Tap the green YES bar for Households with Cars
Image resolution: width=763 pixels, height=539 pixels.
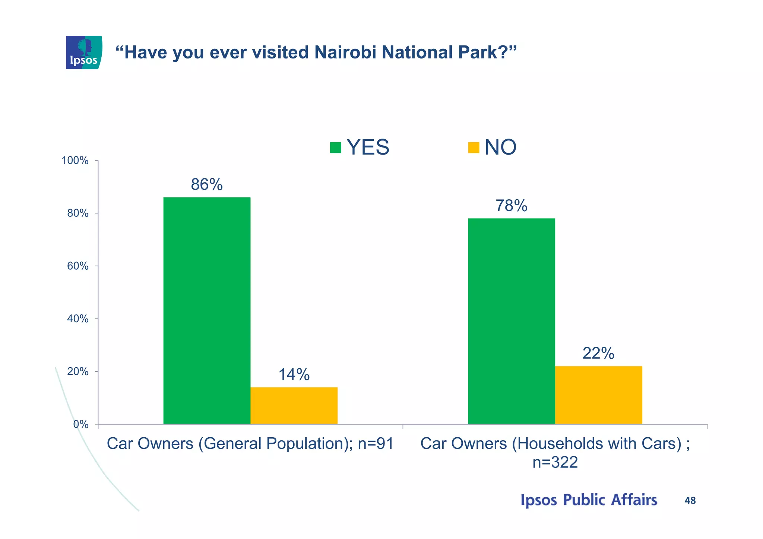511,321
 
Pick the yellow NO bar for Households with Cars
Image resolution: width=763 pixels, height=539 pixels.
598,395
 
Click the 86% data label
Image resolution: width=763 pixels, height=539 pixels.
207,184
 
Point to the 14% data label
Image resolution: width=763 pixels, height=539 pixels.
294,375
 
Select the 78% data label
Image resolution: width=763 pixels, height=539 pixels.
511,206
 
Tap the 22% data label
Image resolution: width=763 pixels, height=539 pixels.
598,353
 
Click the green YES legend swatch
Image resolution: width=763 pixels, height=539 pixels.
335,148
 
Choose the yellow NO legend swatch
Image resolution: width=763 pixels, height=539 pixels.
473,148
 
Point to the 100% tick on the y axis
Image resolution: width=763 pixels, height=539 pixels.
75,161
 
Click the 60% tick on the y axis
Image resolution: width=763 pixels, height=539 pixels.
77,266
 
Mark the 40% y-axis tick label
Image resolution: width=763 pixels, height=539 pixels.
77,319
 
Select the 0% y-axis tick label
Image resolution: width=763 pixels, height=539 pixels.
80,424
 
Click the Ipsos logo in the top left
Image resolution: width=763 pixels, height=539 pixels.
84,53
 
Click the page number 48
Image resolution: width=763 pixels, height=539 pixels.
690,501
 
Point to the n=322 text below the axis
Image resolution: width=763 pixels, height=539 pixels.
555,463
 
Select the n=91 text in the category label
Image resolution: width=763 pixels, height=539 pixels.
376,444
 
